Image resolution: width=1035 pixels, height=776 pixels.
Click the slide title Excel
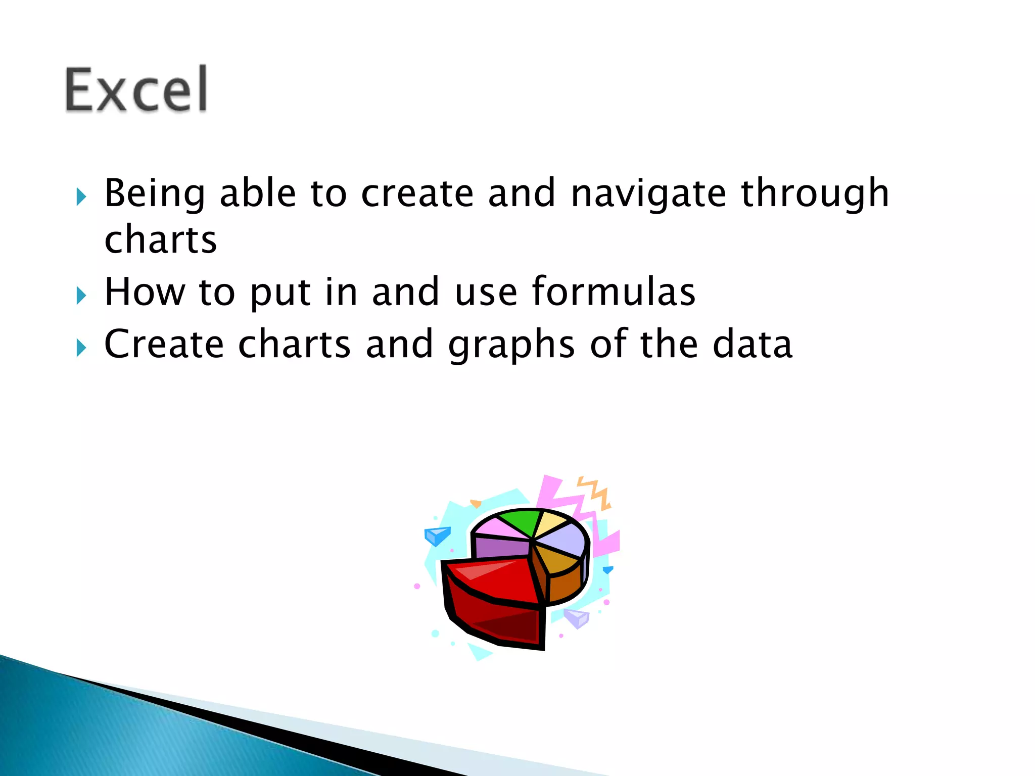[136, 89]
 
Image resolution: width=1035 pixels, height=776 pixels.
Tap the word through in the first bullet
[815, 195]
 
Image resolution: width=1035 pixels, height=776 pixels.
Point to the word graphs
[511, 345]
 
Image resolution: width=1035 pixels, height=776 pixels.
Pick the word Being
[155, 195]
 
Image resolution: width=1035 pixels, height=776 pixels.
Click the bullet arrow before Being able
[81, 197]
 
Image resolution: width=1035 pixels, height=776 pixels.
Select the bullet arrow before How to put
[81, 296]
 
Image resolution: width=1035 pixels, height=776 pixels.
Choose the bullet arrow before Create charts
[81, 348]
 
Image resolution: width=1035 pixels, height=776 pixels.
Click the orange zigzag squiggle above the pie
[596, 493]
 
